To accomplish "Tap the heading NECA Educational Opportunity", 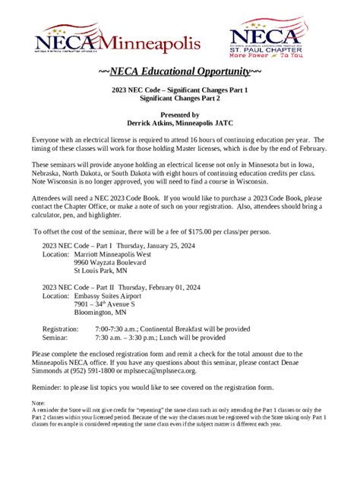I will coord(180,72).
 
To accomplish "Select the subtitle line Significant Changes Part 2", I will coord(180,99).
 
